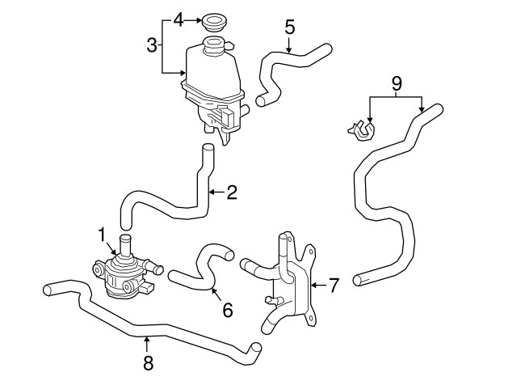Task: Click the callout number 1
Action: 103,235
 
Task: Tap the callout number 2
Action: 232,193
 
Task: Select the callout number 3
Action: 151,46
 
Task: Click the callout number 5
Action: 289,27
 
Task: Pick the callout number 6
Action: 227,309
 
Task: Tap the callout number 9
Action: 396,83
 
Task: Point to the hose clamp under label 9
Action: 360,129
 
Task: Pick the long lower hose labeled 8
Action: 153,328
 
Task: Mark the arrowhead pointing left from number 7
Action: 316,285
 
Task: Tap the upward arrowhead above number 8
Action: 146,336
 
